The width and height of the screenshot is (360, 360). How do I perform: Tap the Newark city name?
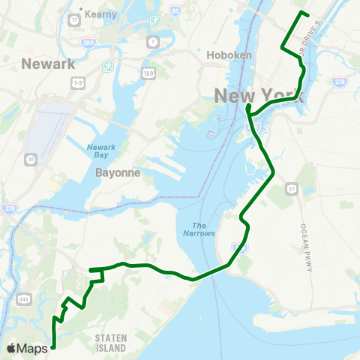49,63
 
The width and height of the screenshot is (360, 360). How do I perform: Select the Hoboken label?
221,55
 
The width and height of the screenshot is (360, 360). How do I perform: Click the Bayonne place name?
114,172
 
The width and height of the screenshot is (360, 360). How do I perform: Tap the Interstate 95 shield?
175,10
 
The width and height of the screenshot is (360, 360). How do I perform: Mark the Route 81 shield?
31,159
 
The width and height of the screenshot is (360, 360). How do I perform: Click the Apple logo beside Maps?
12,348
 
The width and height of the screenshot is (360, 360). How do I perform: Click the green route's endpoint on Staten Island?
53,346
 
